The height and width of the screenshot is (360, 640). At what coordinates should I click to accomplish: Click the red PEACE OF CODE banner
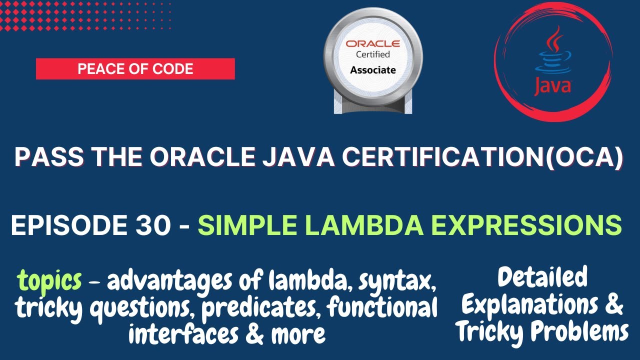click(x=135, y=68)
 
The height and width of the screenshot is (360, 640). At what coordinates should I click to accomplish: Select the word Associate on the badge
click(x=372, y=70)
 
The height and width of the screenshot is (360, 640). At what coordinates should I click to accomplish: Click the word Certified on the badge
click(x=372, y=54)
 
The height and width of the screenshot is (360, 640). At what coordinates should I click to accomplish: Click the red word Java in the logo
click(x=552, y=86)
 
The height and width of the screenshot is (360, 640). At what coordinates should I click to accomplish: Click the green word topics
click(x=49, y=281)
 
